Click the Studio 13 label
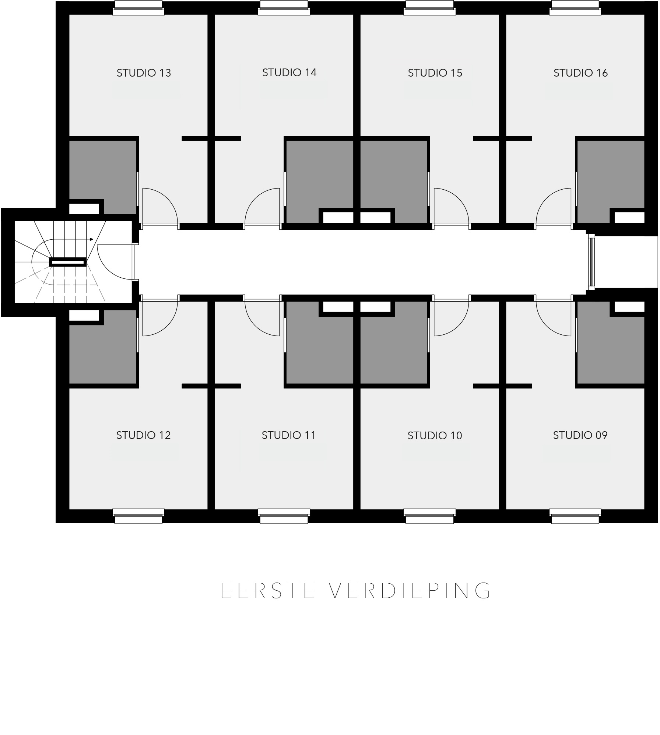pyautogui.click(x=144, y=73)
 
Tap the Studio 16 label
pyautogui.click(x=580, y=73)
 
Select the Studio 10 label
pyautogui.click(x=435, y=436)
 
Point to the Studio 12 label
pyautogui.click(x=143, y=435)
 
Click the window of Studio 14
pyautogui.click(x=284, y=8)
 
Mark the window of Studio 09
pyautogui.click(x=575, y=516)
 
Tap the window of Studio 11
pyautogui.click(x=284, y=516)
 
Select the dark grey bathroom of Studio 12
pyautogui.click(x=103, y=350)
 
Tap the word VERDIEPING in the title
pyautogui.click(x=410, y=591)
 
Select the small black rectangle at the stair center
pyautogui.click(x=68, y=262)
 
